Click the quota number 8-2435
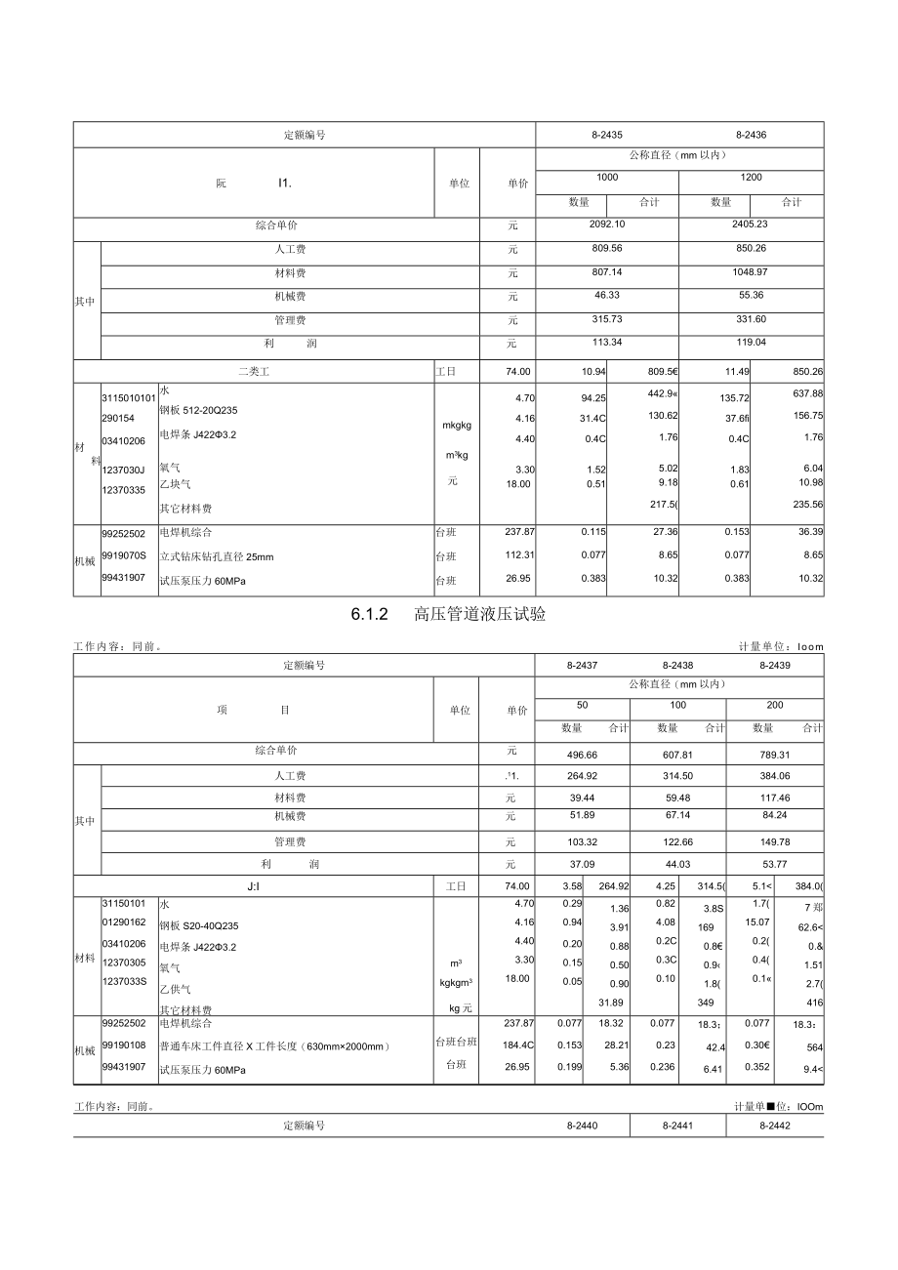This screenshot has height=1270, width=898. [x=607, y=135]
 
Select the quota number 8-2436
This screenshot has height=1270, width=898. [x=751, y=135]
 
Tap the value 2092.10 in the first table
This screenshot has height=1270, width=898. [x=607, y=225]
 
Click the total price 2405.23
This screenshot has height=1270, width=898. [x=751, y=225]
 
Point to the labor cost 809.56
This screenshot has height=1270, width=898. [x=607, y=249]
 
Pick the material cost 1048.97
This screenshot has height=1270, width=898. [x=751, y=272]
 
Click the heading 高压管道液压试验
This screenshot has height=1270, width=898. [x=480, y=615]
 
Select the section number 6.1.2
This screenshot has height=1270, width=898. [x=370, y=615]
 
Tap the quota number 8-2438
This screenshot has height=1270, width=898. [x=678, y=665]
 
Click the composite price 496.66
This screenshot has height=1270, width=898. [x=582, y=755]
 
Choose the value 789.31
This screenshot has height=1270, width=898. [x=774, y=755]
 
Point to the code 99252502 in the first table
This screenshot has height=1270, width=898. [x=124, y=534]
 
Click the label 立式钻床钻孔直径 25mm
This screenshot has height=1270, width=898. [x=217, y=556]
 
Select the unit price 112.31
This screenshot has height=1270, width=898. [x=517, y=556]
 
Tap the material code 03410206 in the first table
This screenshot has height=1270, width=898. [x=124, y=440]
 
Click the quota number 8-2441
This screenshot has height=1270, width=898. [x=678, y=1126]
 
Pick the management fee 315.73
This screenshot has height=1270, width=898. [x=607, y=320]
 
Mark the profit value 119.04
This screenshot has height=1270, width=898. [x=751, y=343]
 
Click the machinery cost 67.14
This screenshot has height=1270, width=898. [x=678, y=815]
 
